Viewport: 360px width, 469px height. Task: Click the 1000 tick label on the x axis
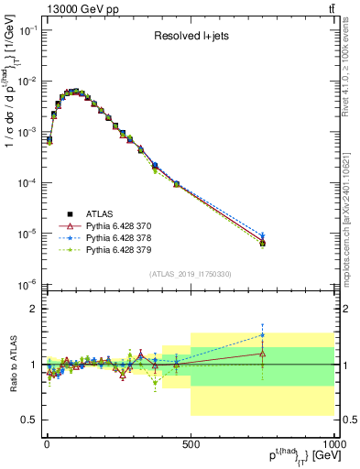point(333,444)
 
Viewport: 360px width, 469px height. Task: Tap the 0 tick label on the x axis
point(47,444)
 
